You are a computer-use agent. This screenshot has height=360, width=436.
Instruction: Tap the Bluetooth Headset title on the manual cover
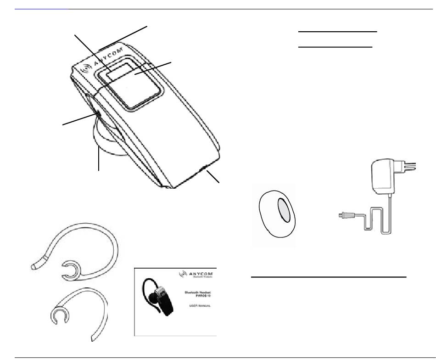(x=198, y=294)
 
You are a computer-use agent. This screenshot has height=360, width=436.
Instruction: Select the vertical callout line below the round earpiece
(x=98, y=158)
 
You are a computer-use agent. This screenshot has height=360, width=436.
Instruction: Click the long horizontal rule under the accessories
(x=329, y=277)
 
